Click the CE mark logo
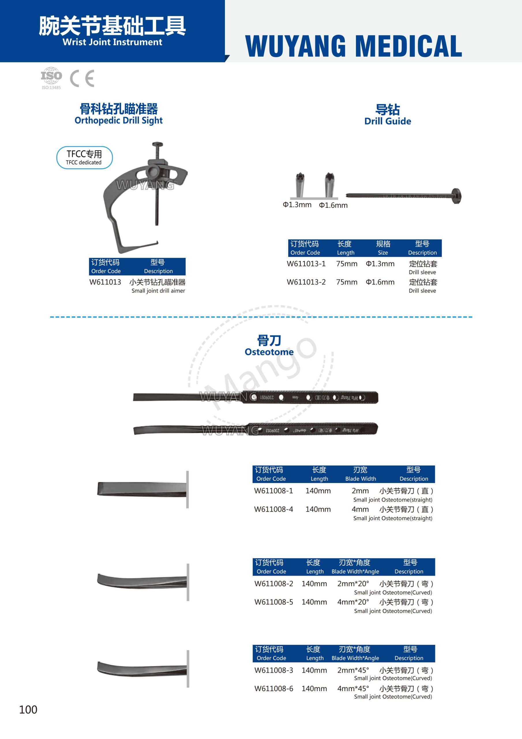(x=82, y=78)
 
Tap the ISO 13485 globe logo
(x=51, y=77)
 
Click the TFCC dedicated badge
(x=84, y=157)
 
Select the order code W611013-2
(x=306, y=282)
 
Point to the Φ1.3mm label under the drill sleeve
(x=297, y=205)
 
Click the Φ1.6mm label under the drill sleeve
(x=333, y=205)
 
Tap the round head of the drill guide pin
(x=457, y=196)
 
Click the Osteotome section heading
(x=269, y=345)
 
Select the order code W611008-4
(x=273, y=509)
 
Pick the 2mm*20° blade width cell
(x=353, y=583)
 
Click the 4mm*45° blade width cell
(x=353, y=688)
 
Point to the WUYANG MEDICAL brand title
(x=354, y=46)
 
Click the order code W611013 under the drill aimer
(x=105, y=282)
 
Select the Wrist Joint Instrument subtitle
(x=112, y=42)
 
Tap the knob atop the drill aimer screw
(x=157, y=144)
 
